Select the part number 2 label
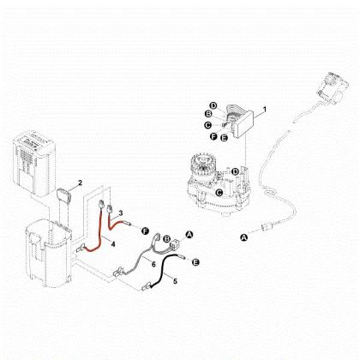point(80,182)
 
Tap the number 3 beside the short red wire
point(121,212)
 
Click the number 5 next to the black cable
point(176,280)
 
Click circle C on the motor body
point(220,192)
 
